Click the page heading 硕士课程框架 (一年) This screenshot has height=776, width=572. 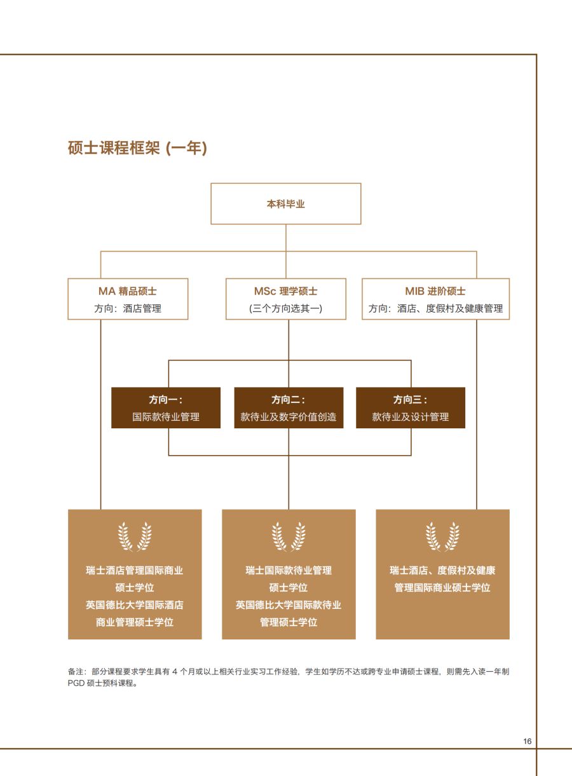[x=137, y=148]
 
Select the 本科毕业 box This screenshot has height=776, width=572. [x=286, y=204]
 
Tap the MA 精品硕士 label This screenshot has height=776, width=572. [x=128, y=291]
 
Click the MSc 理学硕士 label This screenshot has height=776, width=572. [x=286, y=291]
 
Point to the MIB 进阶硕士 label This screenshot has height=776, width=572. [x=435, y=291]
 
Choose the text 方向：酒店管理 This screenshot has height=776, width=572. [x=128, y=308]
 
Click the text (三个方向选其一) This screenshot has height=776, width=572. [x=286, y=308]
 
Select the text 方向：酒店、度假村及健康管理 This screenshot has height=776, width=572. [x=435, y=308]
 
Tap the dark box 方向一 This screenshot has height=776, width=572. [x=166, y=408]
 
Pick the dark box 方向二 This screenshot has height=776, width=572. [x=289, y=408]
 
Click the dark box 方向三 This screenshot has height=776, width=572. [x=411, y=408]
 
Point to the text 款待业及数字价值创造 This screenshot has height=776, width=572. [x=289, y=417]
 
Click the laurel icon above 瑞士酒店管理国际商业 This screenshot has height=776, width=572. [x=135, y=536]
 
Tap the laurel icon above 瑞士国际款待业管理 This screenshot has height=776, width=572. [x=289, y=536]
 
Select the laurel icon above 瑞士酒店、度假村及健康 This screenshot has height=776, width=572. [x=442, y=536]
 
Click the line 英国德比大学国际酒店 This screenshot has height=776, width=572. [x=135, y=605]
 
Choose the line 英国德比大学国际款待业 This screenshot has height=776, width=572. [x=289, y=605]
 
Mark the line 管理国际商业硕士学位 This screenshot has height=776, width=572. [x=442, y=587]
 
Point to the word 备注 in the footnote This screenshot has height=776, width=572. [x=76, y=671]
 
